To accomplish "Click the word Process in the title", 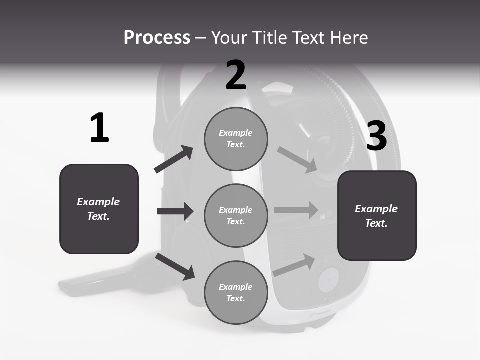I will (x=157, y=38).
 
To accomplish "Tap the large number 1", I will (x=99, y=128).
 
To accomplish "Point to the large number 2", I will (x=236, y=75).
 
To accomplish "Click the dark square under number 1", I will (x=99, y=209).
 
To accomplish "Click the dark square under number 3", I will (x=377, y=215).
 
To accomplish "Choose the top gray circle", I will (x=236, y=139).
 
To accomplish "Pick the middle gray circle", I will (x=236, y=215).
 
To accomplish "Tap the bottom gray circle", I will (x=236, y=292).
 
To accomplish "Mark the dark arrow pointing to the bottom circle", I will (x=175, y=266).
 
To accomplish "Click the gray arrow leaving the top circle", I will (x=297, y=159).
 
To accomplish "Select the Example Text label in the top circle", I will (x=236, y=139).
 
